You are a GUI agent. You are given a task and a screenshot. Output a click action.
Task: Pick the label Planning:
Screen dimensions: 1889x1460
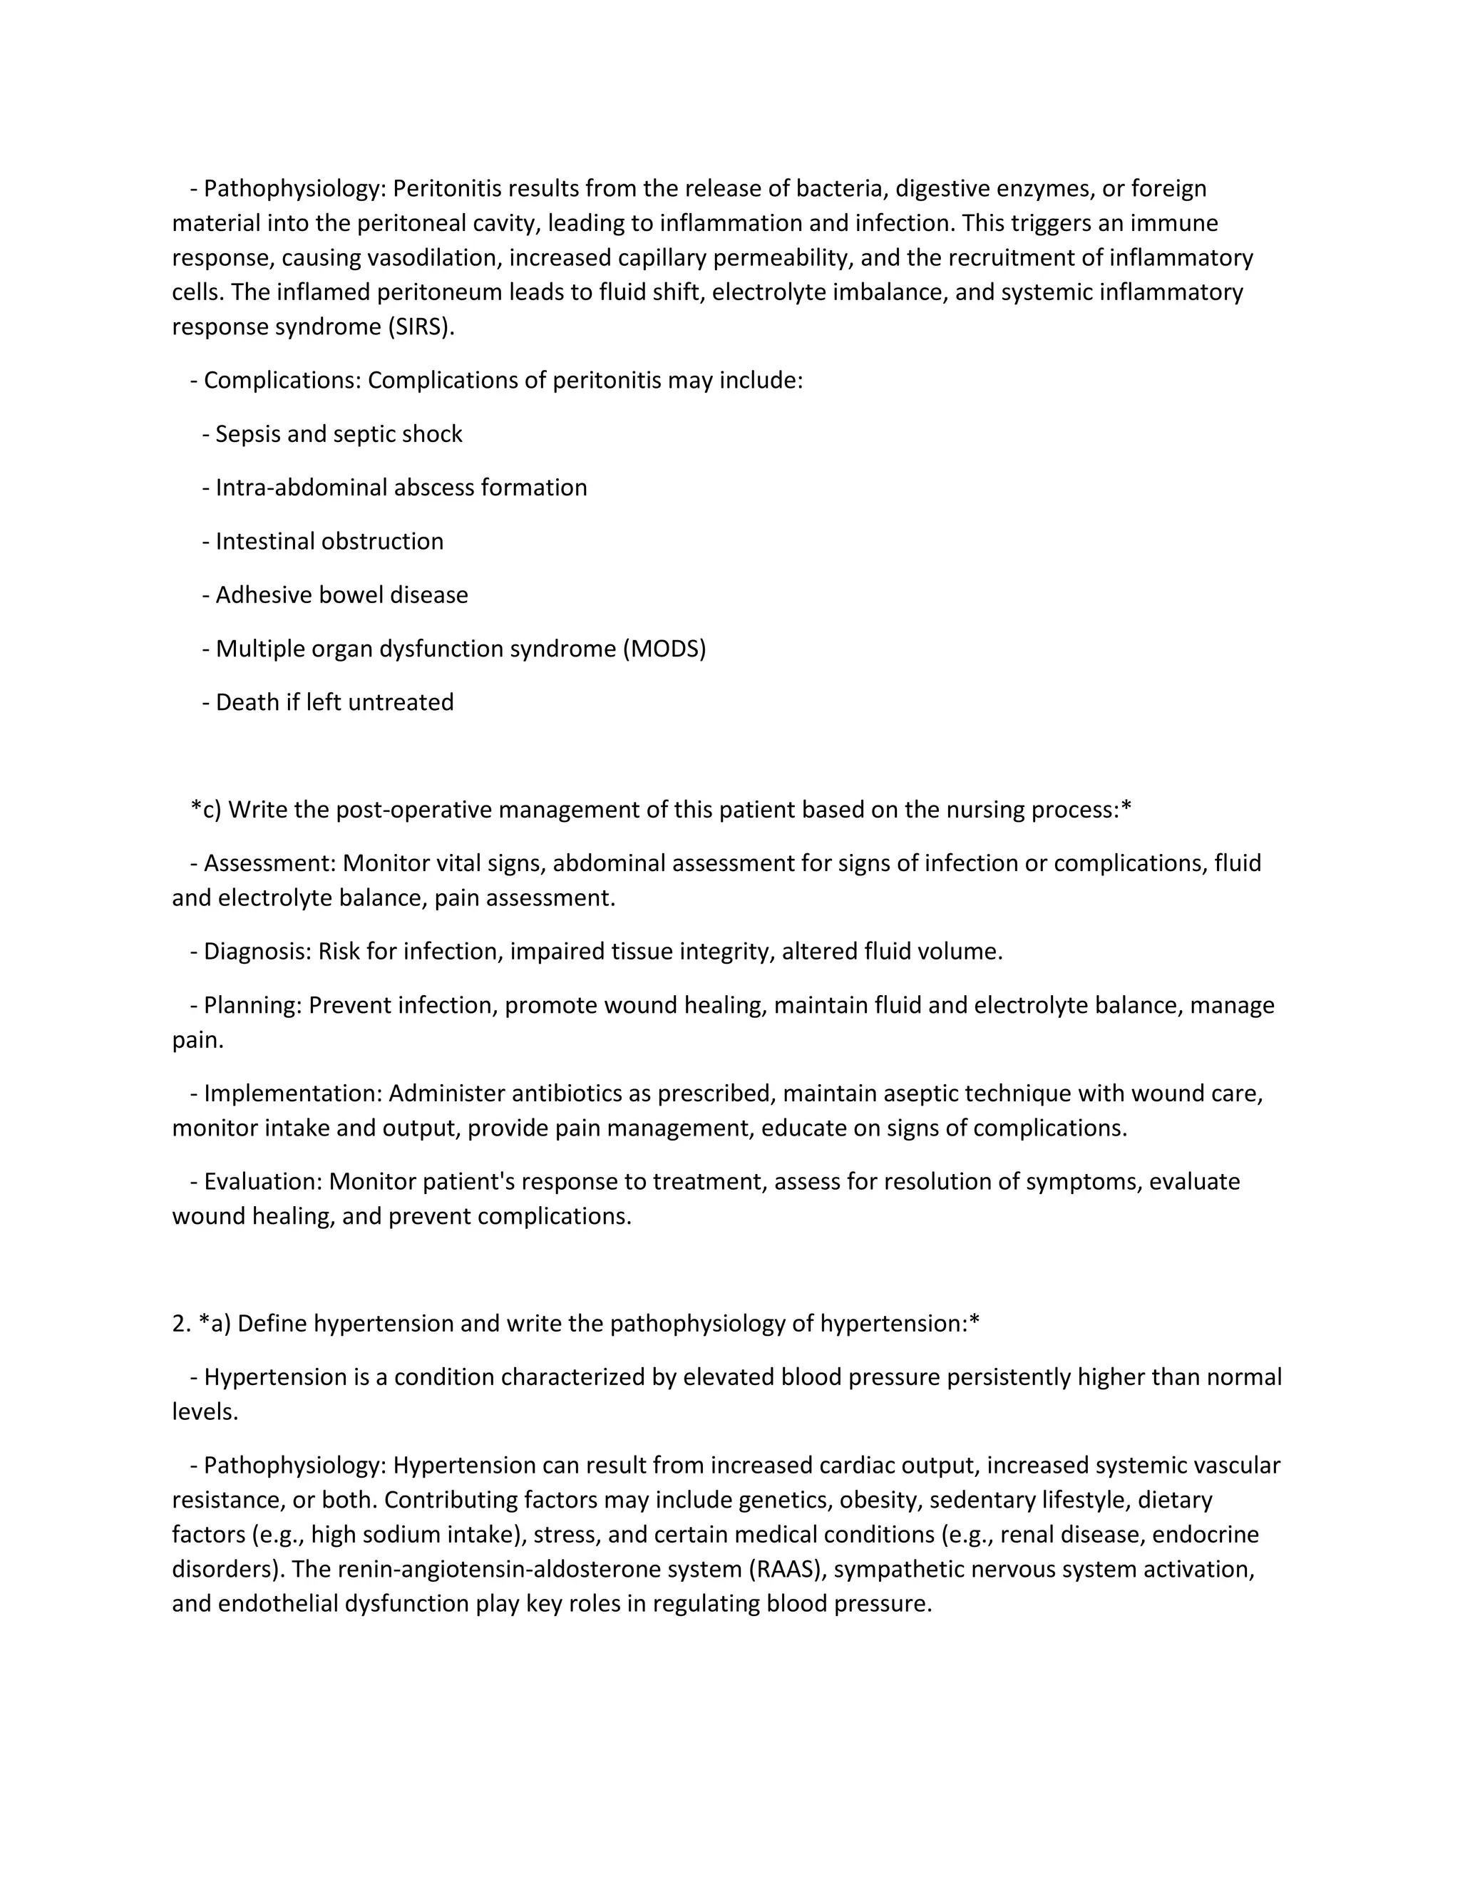point(252,1005)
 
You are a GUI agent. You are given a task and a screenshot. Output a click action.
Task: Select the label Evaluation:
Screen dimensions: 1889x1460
point(263,1181)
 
